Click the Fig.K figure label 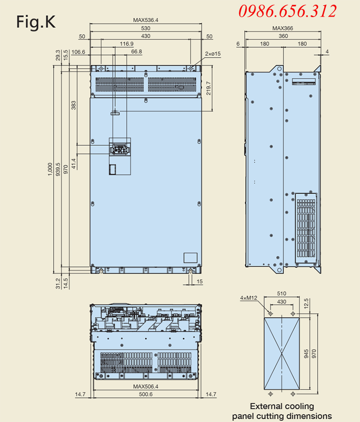(x=36, y=22)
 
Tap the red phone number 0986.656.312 (x=288, y=11)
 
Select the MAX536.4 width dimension (x=146, y=20)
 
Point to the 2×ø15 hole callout (x=213, y=54)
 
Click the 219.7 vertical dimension (x=208, y=88)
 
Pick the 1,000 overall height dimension (x=50, y=169)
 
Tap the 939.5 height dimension (x=58, y=169)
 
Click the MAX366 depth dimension (x=283, y=28)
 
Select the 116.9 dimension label (x=126, y=44)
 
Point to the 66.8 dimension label (x=136, y=52)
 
